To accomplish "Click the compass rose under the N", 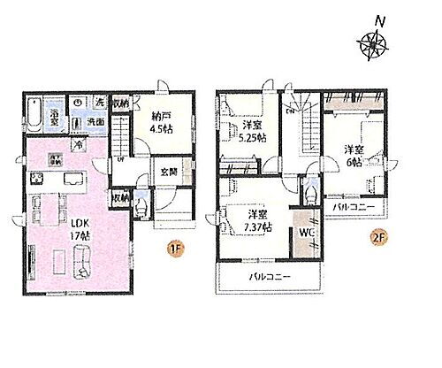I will tap(372, 41).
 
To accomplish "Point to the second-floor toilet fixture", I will tap(307, 191).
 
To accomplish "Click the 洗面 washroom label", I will tap(96, 122).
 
